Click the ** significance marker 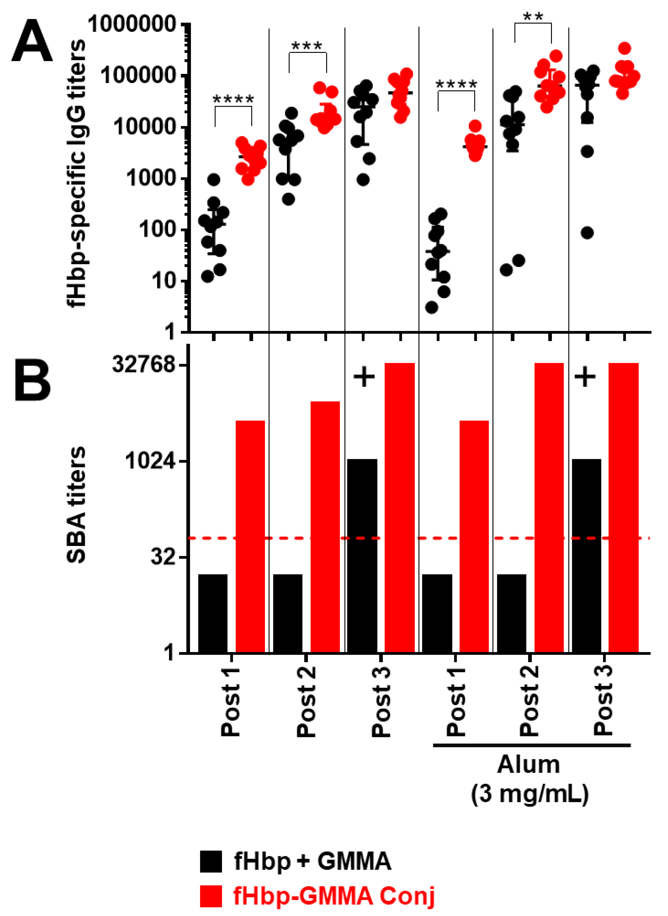point(533,17)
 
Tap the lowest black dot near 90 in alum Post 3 point(587,233)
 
